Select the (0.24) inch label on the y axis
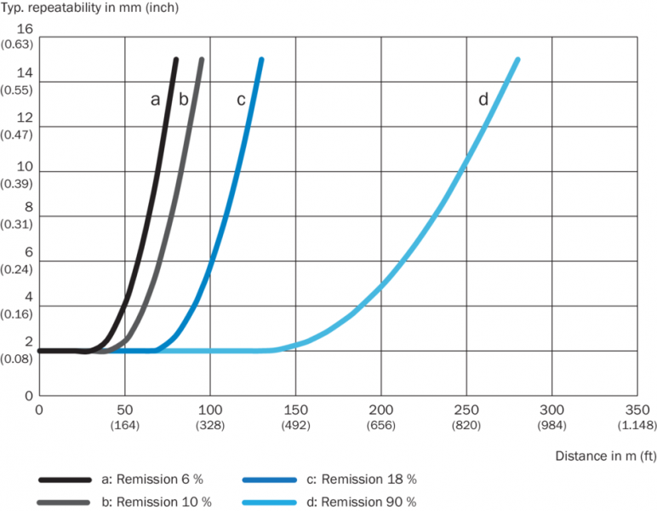coord(19,276)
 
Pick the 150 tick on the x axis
coord(295,411)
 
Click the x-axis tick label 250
coord(466,411)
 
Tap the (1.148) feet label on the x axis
coord(637,425)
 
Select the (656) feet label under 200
coord(381,425)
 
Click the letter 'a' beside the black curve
coord(155,100)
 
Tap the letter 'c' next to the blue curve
coord(241,100)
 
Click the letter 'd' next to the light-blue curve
coord(483,100)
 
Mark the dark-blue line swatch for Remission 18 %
coord(268,479)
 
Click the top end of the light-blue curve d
coord(517,60)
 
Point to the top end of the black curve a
coord(175,60)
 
